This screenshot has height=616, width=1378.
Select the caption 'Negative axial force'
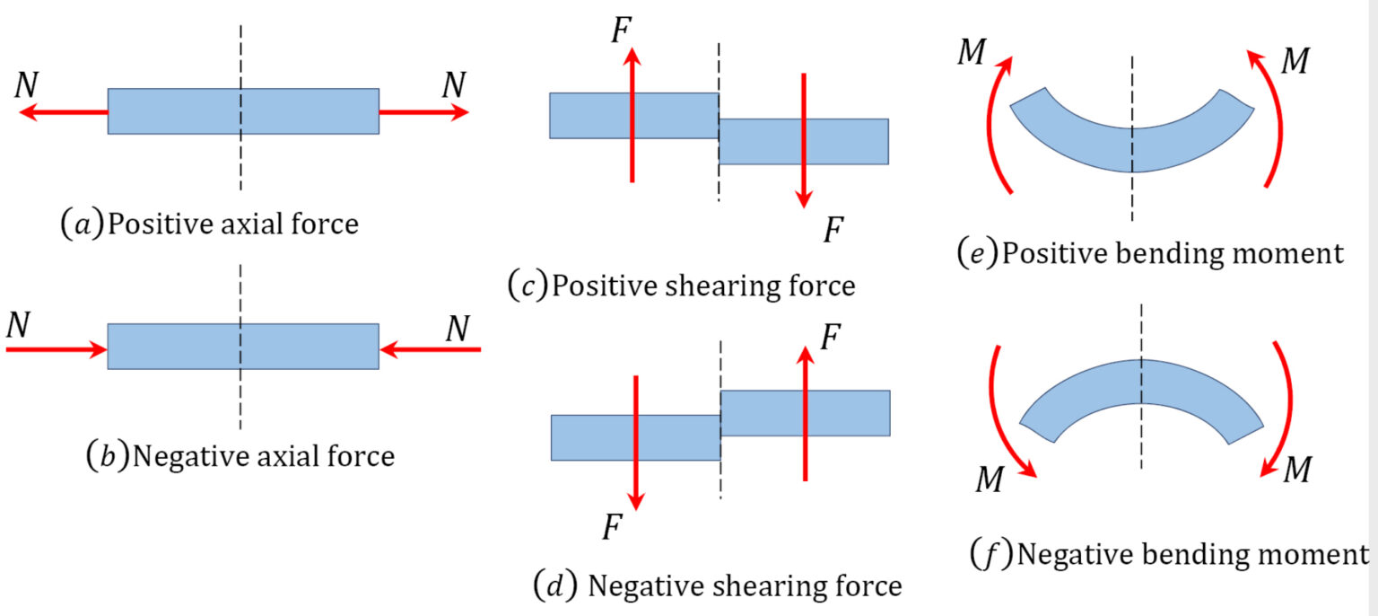pyautogui.click(x=240, y=456)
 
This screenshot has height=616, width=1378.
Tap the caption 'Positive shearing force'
pyautogui.click(x=681, y=286)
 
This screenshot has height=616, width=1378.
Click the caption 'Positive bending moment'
pyautogui.click(x=1150, y=253)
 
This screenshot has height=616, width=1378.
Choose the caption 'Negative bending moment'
pyautogui.click(x=1166, y=553)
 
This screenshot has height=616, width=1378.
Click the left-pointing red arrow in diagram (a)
pyautogui.click(x=63, y=112)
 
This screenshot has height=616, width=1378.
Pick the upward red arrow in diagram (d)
pyautogui.click(x=806, y=413)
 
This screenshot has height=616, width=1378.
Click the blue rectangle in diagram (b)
pyautogui.click(x=243, y=346)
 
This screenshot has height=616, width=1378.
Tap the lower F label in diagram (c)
pyautogui.click(x=833, y=231)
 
